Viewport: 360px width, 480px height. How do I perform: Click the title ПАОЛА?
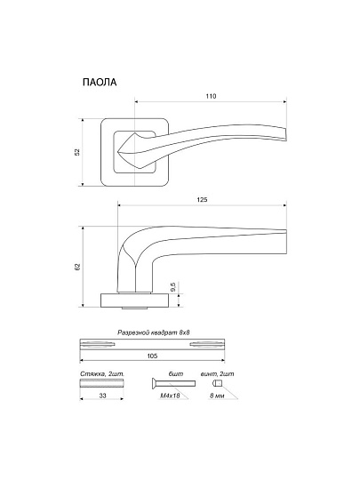(100, 83)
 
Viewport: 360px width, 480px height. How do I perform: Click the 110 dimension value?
(211, 96)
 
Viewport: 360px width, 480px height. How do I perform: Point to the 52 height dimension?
(77, 152)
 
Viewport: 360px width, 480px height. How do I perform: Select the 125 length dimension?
(202, 200)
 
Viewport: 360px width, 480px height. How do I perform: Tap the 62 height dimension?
(77, 267)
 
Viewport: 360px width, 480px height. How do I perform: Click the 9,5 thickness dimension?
(173, 287)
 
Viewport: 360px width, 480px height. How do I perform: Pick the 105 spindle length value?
(152, 356)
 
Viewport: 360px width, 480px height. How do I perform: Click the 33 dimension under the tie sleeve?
(102, 396)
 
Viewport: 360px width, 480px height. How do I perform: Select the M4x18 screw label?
(170, 396)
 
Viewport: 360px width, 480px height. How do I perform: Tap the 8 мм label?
(217, 396)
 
